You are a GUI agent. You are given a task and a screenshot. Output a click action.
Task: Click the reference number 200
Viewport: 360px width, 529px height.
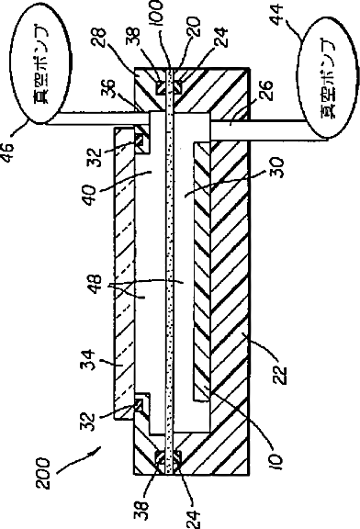pyautogui.click(x=43, y=473)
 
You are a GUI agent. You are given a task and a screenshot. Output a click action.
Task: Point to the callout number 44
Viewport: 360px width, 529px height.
pyautogui.click(x=277, y=14)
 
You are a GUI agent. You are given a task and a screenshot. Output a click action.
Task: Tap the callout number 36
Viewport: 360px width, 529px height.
pyautogui.click(x=109, y=88)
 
